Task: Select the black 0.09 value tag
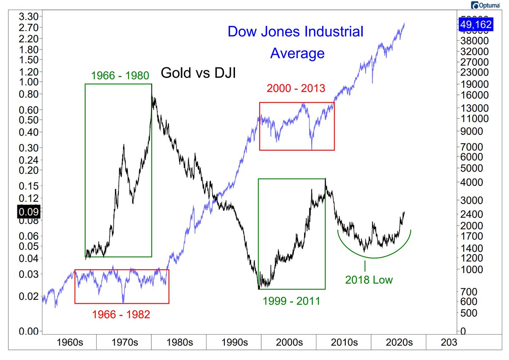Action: click(x=28, y=211)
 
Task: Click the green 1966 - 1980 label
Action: click(x=120, y=76)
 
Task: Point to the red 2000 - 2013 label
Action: click(x=296, y=89)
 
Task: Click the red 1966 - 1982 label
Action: click(x=121, y=315)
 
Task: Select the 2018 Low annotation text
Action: click(x=369, y=280)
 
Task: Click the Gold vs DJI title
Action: click(x=198, y=74)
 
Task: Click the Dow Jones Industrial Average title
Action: click(x=296, y=42)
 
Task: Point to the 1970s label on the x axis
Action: click(x=124, y=342)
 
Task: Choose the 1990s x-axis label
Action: click(x=234, y=342)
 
